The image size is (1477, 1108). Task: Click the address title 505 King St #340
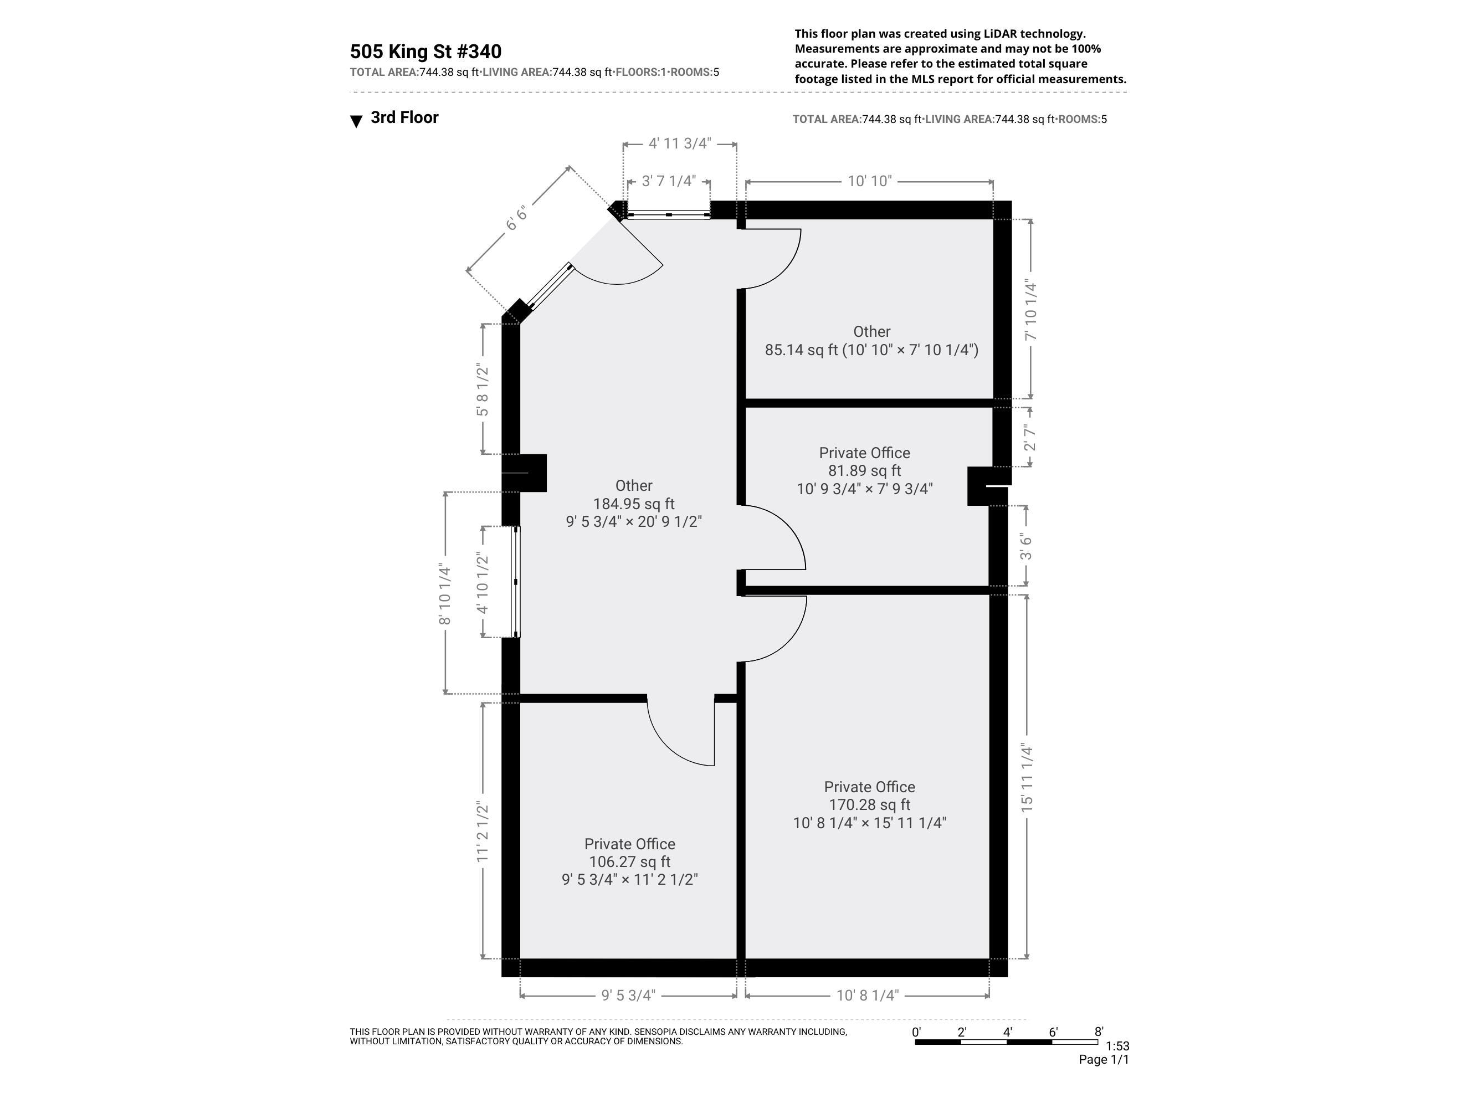tap(425, 52)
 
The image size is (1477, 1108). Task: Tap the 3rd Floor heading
tap(404, 117)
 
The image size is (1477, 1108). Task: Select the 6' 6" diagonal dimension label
tap(516, 218)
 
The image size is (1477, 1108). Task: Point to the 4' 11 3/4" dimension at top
tap(679, 143)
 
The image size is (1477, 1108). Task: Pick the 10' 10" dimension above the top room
tap(869, 181)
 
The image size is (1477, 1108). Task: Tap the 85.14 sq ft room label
tap(871, 341)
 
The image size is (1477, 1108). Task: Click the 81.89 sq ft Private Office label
tap(864, 471)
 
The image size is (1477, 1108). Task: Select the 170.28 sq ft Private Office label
tap(869, 805)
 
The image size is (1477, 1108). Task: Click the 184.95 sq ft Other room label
tap(634, 504)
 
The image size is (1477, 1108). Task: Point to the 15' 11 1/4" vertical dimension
tap(1027, 778)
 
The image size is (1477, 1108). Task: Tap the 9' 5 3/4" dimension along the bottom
tap(628, 996)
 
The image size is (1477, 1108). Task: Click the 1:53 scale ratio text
tap(1117, 1046)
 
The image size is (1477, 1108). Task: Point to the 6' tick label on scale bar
tap(1053, 1033)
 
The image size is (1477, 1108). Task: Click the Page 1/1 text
tap(1103, 1059)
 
